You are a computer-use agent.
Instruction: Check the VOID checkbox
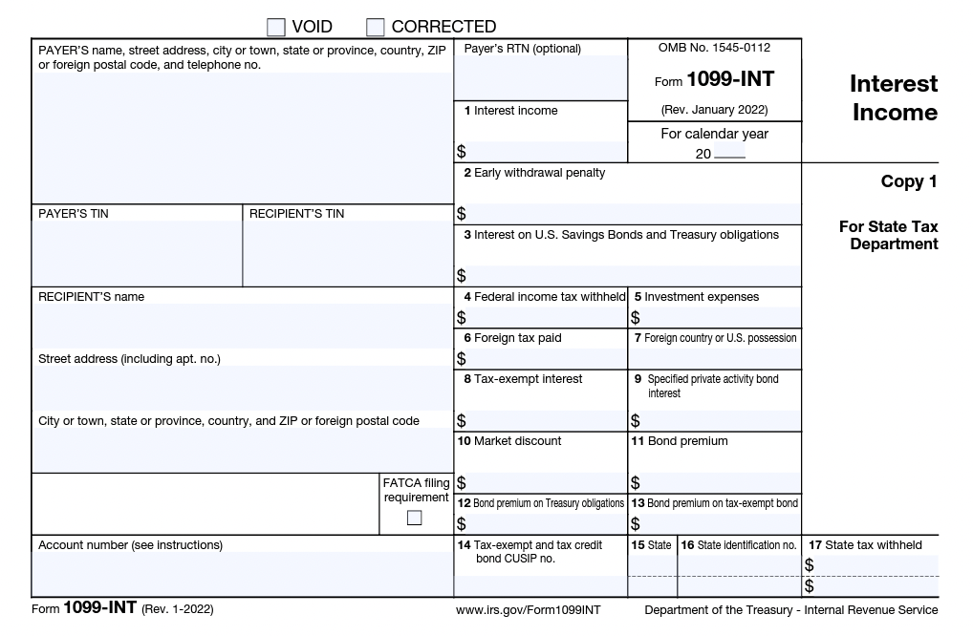(x=276, y=27)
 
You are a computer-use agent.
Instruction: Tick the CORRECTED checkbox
(x=376, y=27)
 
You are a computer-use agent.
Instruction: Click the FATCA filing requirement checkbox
(x=414, y=518)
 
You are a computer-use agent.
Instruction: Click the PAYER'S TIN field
(x=137, y=253)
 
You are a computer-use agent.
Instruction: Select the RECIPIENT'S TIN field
(x=348, y=253)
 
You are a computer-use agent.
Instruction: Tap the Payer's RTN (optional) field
(x=540, y=76)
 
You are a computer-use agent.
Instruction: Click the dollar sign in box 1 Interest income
(x=462, y=152)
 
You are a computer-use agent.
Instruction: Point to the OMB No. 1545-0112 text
(x=714, y=48)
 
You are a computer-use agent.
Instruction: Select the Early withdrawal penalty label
(x=540, y=173)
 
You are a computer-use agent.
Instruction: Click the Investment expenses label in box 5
(x=701, y=297)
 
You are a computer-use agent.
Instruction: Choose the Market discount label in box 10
(x=515, y=441)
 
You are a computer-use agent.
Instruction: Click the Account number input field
(x=242, y=573)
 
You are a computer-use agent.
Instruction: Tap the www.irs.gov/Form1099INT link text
(x=529, y=610)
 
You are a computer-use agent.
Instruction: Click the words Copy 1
(x=909, y=181)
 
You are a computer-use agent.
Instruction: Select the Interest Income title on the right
(x=894, y=98)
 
